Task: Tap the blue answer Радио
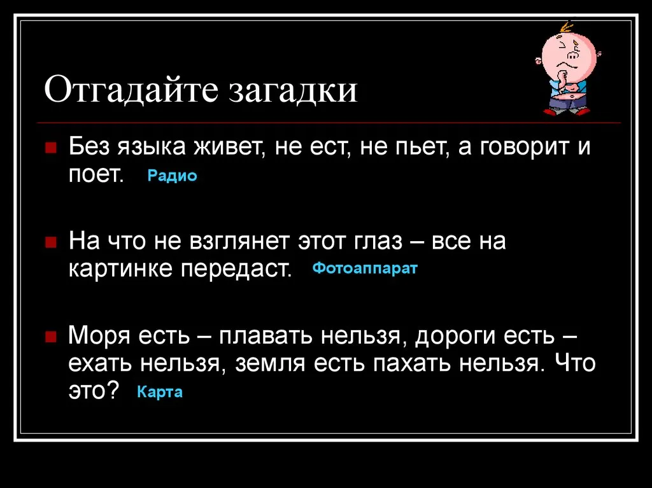[x=172, y=176]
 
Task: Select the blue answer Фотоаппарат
[x=365, y=268]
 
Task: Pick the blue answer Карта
[x=160, y=392]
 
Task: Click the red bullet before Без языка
[x=51, y=148]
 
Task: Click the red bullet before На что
[x=51, y=242]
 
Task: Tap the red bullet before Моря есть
[x=51, y=336]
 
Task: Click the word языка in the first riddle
[x=151, y=147]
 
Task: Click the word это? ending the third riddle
[x=94, y=391]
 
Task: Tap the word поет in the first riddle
[x=97, y=176]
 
